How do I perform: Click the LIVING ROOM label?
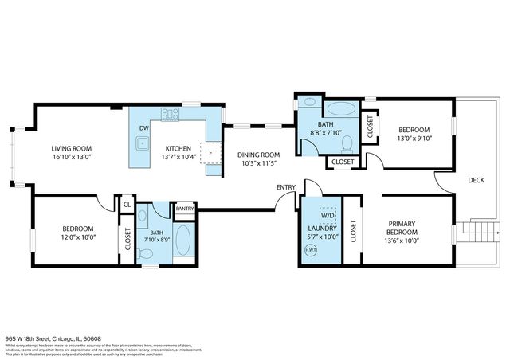[x=69, y=148]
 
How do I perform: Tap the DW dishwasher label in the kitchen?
[x=144, y=128]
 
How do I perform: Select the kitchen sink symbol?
[x=142, y=144]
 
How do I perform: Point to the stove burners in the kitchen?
[x=171, y=115]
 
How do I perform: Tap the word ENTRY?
[x=286, y=187]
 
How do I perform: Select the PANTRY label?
[x=185, y=209]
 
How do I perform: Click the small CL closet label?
[x=126, y=205]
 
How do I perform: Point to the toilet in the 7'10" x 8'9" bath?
[x=146, y=253]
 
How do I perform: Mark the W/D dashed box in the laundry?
[x=328, y=214]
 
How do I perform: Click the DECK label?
[x=475, y=180]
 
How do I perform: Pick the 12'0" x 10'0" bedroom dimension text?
[x=78, y=237]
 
